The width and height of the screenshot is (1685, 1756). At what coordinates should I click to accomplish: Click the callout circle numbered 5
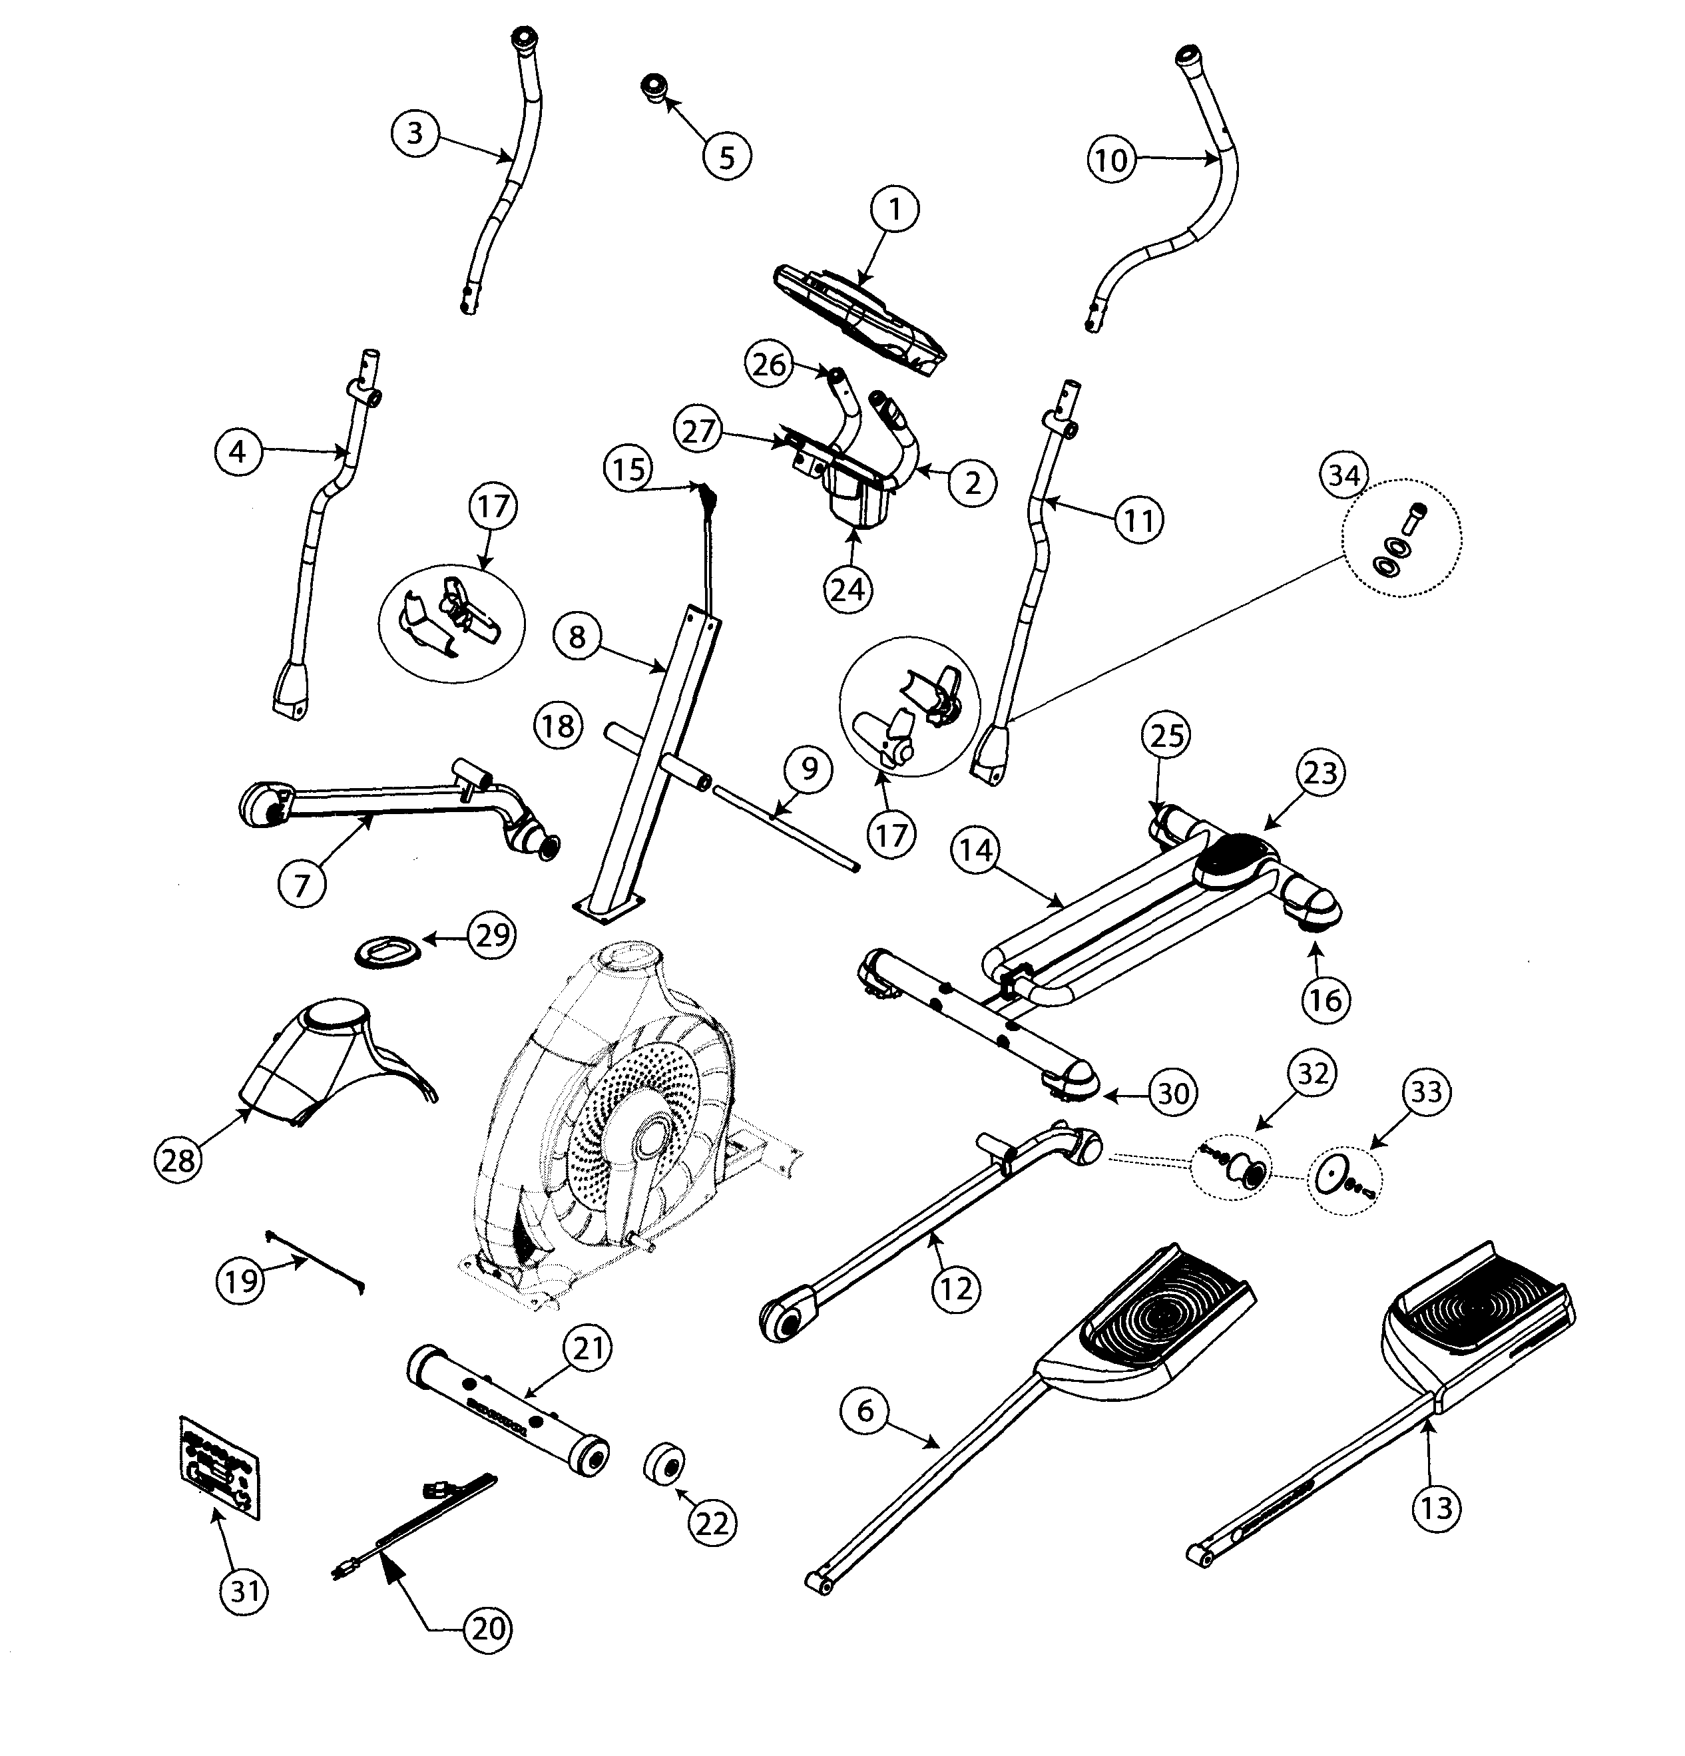pyautogui.click(x=726, y=157)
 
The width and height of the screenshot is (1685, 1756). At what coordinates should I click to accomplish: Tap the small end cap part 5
pyautogui.click(x=652, y=89)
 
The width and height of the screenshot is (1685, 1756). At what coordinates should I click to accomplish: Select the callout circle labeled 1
pyautogui.click(x=893, y=209)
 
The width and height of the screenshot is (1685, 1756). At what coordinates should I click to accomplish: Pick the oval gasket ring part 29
pyautogui.click(x=386, y=950)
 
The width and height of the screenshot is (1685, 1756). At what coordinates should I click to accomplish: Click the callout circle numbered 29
pyautogui.click(x=492, y=935)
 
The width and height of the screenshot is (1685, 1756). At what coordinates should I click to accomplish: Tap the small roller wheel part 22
pyautogui.click(x=664, y=1464)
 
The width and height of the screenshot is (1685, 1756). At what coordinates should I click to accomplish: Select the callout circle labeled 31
pyautogui.click(x=244, y=1591)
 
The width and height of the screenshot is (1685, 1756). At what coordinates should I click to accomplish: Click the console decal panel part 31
pyautogui.click(x=220, y=1466)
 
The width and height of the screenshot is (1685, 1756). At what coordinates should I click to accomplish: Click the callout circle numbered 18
pyautogui.click(x=558, y=725)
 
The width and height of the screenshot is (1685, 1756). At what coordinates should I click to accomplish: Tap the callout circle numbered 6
pyautogui.click(x=863, y=1411)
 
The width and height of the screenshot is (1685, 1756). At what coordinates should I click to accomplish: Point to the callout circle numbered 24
pyautogui.click(x=847, y=588)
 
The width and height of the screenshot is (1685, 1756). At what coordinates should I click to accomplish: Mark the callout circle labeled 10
pyautogui.click(x=1110, y=160)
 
